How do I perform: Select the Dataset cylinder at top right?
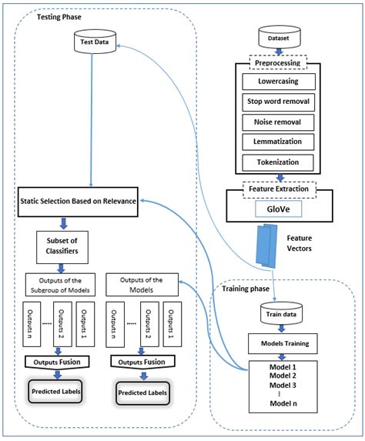point(278,36)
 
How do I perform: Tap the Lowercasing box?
point(278,81)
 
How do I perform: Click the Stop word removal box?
point(278,101)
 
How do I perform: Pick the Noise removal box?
point(278,122)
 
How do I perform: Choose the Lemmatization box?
point(278,142)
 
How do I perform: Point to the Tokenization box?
point(278,162)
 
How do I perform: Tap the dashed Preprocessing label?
point(278,63)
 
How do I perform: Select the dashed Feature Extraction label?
point(278,188)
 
